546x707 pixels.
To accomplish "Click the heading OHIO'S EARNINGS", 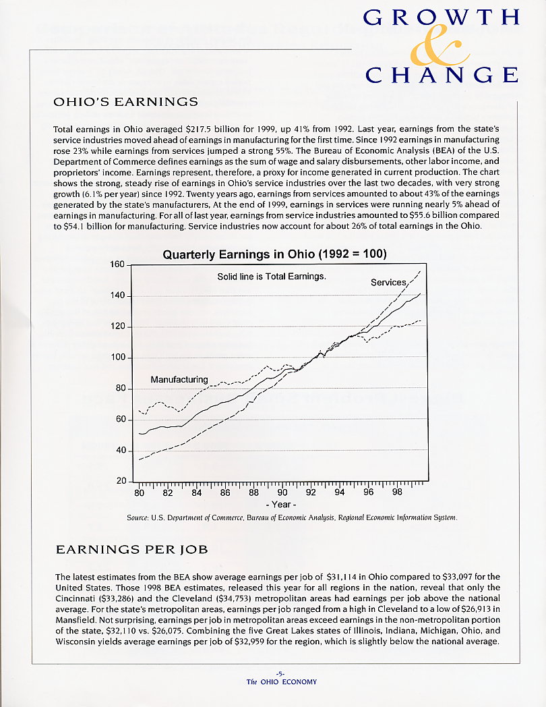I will tap(125, 102).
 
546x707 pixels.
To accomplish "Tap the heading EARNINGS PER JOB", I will tap(131, 550).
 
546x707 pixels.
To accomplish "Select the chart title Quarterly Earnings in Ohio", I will tap(274, 254).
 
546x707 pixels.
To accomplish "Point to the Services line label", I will tap(388, 282).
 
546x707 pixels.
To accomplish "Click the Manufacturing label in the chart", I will tap(179, 379).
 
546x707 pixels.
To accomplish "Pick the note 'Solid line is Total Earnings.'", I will tap(271, 277).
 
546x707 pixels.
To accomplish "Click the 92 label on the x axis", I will tap(311, 492).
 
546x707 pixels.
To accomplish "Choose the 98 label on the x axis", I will tap(397, 492).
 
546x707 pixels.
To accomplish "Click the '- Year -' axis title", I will tap(282, 505).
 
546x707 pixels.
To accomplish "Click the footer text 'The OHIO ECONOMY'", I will tap(281, 681).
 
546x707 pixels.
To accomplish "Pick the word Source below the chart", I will tap(138, 517).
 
